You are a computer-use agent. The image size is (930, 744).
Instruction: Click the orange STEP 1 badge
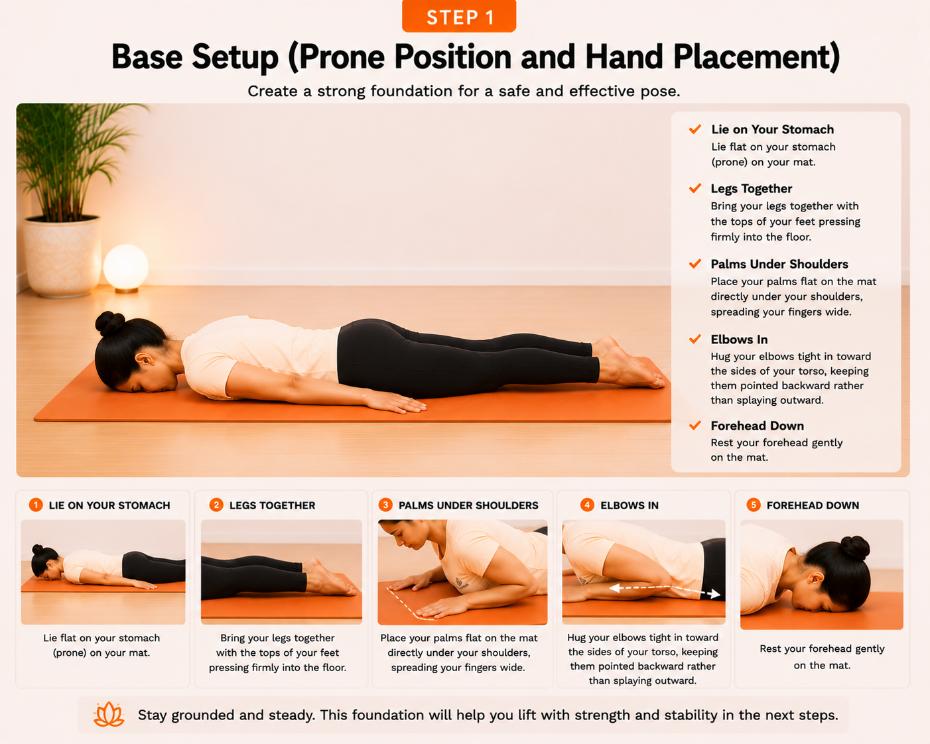click(459, 16)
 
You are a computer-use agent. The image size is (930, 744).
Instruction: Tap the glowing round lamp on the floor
click(126, 268)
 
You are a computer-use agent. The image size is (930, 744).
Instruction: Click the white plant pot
click(62, 257)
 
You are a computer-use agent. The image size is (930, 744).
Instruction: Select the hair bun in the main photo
click(109, 323)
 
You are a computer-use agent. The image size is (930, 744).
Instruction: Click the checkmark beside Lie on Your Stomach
click(695, 129)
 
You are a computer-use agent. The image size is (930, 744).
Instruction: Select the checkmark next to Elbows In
click(695, 339)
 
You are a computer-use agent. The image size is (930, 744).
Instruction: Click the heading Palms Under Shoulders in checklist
click(779, 264)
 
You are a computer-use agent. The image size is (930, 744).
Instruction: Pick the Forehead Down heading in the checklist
click(757, 426)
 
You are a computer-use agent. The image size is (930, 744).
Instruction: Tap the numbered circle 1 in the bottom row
click(36, 505)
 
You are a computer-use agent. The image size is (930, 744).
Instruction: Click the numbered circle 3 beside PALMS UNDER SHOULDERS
click(385, 505)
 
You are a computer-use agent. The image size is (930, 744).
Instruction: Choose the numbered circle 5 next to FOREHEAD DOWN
click(754, 505)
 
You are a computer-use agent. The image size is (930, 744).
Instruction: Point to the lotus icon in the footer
click(109, 715)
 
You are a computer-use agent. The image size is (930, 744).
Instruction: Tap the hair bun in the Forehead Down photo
click(854, 548)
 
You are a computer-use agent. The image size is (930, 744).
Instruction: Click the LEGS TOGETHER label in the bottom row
click(272, 505)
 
